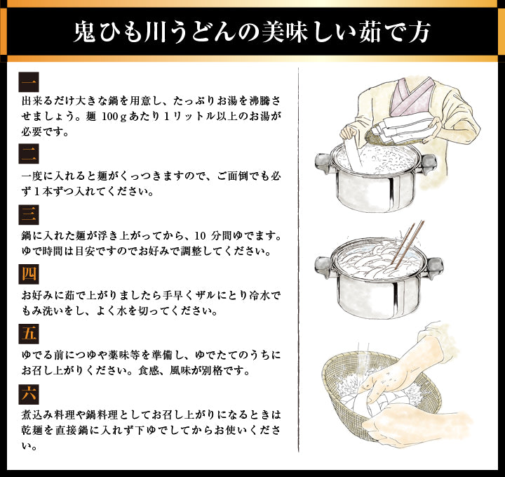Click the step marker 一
point(29,82)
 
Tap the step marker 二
point(29,154)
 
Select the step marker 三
point(29,214)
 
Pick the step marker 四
point(29,274)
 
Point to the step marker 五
point(29,334)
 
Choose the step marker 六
point(29,394)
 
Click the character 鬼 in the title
point(85,32)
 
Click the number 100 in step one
point(109,117)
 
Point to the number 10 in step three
point(200,236)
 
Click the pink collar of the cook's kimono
point(412,97)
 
